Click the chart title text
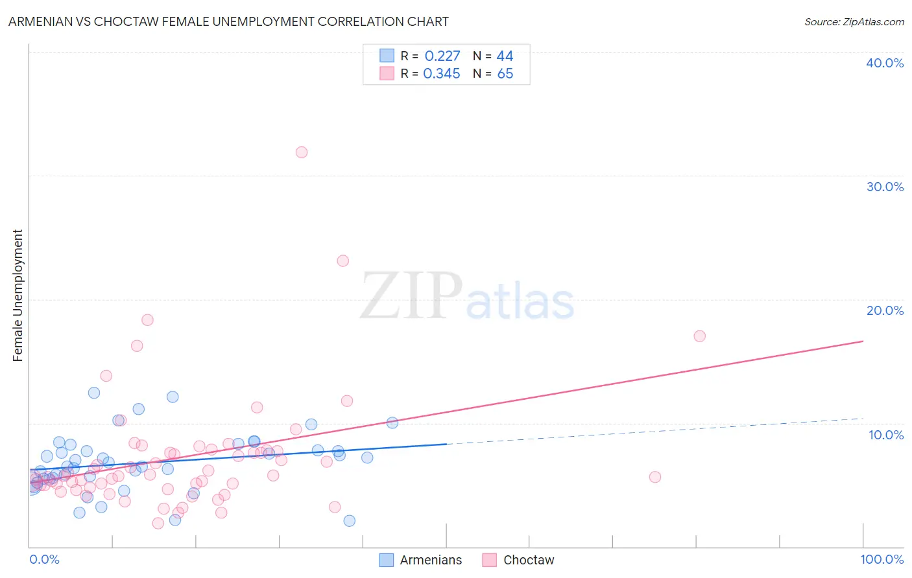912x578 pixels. [x=228, y=21]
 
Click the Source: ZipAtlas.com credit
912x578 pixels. [x=854, y=21]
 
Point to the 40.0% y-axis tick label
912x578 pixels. [x=884, y=63]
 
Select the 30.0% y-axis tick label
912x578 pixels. [x=884, y=187]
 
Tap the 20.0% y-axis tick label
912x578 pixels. [x=884, y=310]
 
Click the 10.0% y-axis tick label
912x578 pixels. [x=885, y=435]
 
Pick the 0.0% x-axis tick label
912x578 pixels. [x=44, y=559]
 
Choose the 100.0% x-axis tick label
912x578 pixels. [x=882, y=559]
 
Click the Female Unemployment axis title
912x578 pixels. [x=18, y=295]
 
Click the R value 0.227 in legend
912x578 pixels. [x=442, y=56]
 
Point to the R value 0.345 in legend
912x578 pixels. [x=442, y=74]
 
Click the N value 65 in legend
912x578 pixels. [x=505, y=74]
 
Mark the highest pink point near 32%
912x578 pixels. [x=302, y=152]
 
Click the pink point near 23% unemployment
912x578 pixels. [x=343, y=260]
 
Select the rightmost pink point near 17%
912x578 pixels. [x=699, y=336]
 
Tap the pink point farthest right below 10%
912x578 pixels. [x=655, y=477]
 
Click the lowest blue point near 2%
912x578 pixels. [x=350, y=520]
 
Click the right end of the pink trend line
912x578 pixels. [x=863, y=341]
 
